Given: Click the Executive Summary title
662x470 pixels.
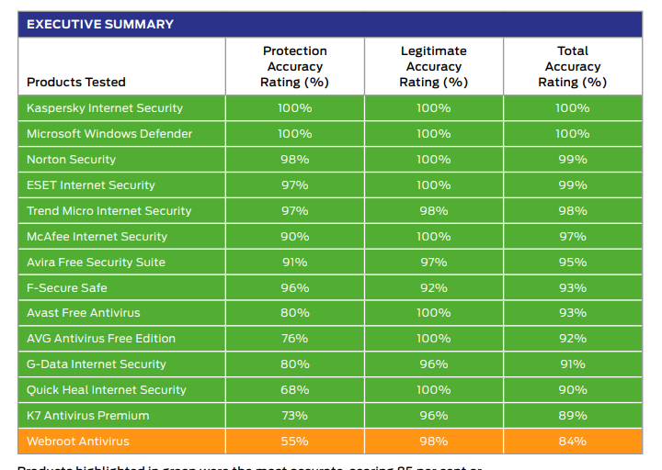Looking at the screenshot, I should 100,24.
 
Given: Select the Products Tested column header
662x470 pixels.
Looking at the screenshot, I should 76,82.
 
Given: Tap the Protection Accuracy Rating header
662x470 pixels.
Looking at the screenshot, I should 294,66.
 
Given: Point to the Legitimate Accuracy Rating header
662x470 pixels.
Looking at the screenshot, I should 433,66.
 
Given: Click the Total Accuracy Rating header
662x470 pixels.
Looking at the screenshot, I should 572,66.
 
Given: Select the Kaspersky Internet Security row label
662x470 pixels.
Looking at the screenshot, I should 105,107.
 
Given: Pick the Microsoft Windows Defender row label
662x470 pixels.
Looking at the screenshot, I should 109,133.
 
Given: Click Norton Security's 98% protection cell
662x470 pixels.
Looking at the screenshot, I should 294,159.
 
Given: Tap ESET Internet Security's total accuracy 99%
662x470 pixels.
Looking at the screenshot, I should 572,185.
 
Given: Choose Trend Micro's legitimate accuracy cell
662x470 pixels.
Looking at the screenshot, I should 433,210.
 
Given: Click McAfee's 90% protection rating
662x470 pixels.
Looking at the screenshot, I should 294,236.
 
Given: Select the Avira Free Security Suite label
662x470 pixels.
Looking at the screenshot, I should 96,262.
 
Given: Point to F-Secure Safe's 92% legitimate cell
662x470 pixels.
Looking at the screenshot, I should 433,287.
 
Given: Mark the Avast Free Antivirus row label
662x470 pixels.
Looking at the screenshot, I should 84,313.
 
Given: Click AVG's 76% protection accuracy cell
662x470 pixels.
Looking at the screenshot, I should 294,339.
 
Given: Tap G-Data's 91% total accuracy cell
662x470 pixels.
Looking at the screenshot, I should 572,364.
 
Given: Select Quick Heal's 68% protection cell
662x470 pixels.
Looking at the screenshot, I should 294,390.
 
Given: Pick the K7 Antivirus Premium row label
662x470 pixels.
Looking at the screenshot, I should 88,416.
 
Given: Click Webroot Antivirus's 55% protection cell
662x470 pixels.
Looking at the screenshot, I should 294,442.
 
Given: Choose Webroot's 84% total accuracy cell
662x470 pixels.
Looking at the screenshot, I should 572,442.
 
